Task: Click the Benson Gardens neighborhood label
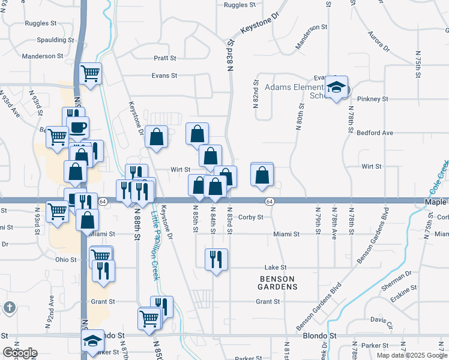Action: [x=279, y=283]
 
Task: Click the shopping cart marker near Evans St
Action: [x=90, y=74]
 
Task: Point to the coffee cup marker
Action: [x=77, y=128]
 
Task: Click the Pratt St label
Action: [x=164, y=58]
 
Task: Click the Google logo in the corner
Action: [x=20, y=353]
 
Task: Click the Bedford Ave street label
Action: [x=375, y=133]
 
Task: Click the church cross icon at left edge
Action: [x=9, y=308]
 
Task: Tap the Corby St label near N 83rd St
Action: [x=250, y=217]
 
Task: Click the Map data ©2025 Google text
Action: [x=411, y=355]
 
